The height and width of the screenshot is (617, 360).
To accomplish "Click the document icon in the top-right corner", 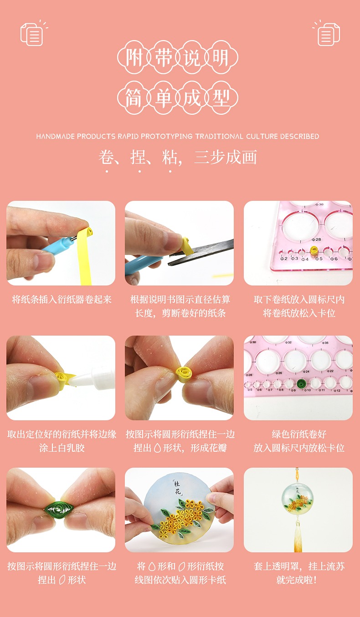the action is (x=326, y=34).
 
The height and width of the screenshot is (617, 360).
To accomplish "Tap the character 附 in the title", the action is (x=134, y=57).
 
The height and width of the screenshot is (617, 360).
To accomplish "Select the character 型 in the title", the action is (x=221, y=98).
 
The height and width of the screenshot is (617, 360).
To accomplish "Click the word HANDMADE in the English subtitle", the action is (x=56, y=136).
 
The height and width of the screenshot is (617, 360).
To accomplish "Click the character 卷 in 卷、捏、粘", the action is (x=106, y=157).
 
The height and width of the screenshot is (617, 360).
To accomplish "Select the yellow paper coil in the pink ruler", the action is (x=314, y=250).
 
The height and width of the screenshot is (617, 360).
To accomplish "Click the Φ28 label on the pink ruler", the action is (x=316, y=240).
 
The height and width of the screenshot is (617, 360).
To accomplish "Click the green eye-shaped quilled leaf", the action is (x=58, y=510).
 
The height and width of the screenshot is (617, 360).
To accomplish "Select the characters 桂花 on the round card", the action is (x=177, y=487).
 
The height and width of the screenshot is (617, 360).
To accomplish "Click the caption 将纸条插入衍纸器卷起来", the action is (x=62, y=300).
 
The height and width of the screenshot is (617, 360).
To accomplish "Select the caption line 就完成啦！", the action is (x=297, y=580).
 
